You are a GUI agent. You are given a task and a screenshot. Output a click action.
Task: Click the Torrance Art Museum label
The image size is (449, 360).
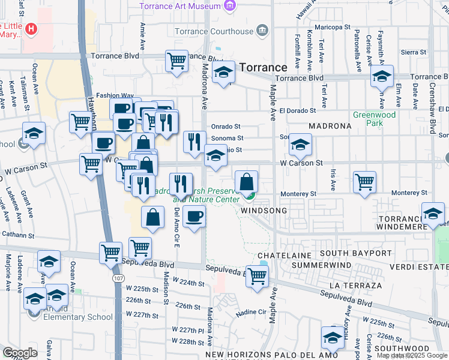click(x=181, y=6)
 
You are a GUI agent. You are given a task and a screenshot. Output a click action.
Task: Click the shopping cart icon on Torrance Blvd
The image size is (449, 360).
click(x=176, y=61)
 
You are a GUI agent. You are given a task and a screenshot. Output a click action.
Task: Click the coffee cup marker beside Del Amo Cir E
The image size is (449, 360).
click(x=194, y=217)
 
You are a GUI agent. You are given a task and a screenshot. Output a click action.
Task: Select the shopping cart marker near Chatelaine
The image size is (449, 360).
click(x=257, y=277)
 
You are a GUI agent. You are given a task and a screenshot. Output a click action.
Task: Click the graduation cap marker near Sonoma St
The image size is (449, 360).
click(x=300, y=145)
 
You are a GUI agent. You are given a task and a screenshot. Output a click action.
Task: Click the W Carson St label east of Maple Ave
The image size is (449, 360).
click(x=301, y=163)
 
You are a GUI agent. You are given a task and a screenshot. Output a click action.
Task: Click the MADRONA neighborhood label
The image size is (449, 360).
click(x=330, y=127)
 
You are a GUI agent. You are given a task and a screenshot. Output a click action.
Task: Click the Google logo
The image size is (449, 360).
click(x=20, y=352)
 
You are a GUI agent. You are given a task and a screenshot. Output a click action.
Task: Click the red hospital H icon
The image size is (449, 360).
click(x=30, y=28)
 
